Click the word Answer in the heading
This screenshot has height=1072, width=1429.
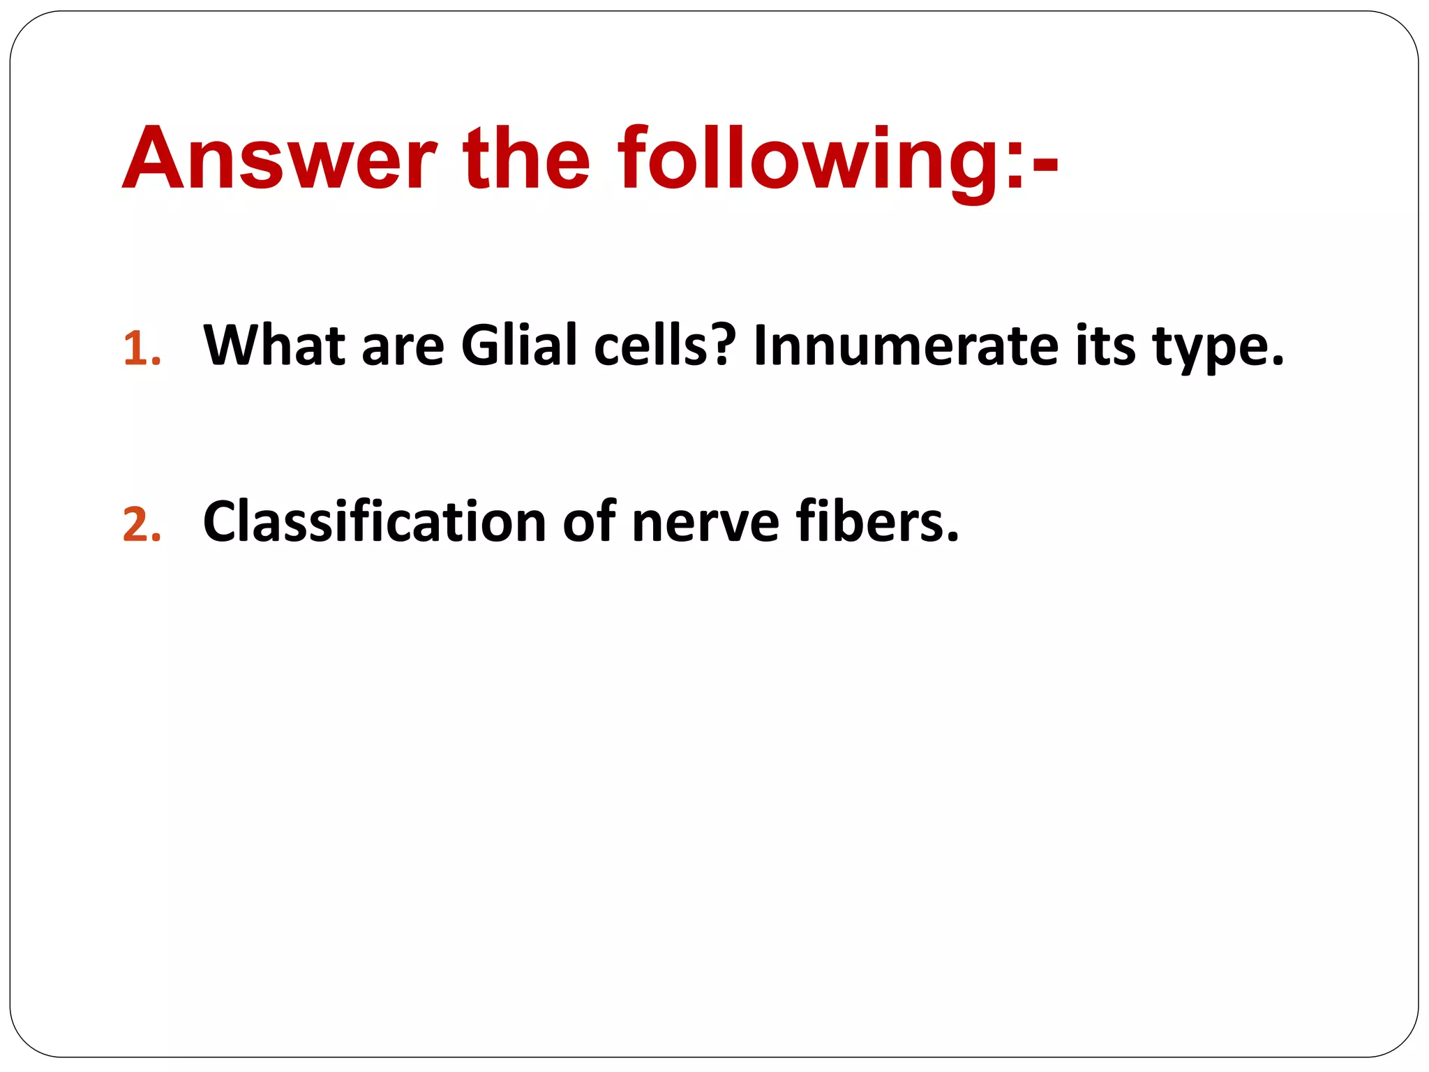279,159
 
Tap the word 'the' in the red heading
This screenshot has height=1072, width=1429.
526,159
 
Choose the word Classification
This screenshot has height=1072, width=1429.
374,522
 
